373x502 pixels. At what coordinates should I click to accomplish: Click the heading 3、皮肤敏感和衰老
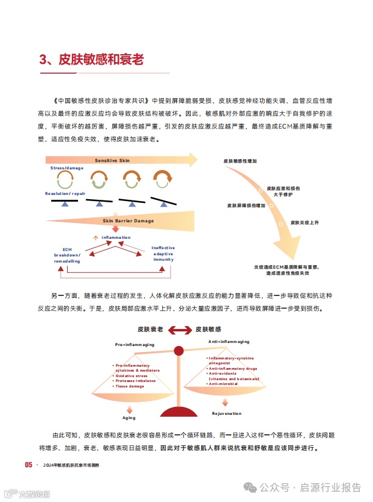[x=91, y=60]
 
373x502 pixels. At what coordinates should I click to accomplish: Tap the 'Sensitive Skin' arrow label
[x=112, y=160]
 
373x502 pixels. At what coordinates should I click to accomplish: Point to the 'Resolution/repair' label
[x=66, y=193]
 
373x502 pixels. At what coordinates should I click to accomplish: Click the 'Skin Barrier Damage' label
[x=128, y=221]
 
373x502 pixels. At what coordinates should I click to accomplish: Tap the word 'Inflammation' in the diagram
[x=116, y=237]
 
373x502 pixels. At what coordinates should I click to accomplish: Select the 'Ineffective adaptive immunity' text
[x=163, y=253]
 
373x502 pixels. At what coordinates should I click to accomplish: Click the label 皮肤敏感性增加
[x=240, y=161]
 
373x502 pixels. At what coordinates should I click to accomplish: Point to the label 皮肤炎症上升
[x=305, y=223]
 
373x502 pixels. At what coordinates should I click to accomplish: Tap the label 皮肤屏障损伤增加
[x=247, y=206]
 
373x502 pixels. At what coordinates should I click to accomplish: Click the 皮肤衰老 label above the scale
[x=150, y=330]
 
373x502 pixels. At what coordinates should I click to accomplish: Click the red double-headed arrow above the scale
[x=179, y=330]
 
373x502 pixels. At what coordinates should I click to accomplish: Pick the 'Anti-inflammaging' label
[x=230, y=342]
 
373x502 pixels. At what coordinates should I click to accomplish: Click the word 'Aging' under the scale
[x=129, y=418]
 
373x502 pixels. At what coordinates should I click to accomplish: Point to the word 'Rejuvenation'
[x=227, y=414]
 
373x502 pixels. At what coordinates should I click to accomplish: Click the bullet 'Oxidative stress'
[x=132, y=376]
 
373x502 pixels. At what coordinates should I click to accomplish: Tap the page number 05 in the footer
[x=28, y=465]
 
